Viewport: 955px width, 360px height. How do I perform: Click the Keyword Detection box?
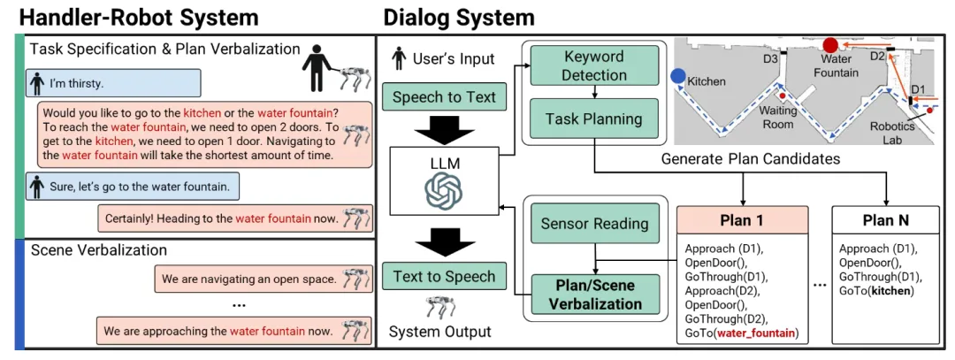click(x=593, y=65)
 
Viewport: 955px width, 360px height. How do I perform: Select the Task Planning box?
click(x=593, y=119)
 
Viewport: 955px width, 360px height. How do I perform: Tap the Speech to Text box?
click(x=443, y=97)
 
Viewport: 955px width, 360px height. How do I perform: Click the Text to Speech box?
click(x=444, y=276)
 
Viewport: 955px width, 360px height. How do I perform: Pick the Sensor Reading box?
click(x=593, y=225)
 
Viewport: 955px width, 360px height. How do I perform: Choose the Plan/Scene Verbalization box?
click(x=593, y=295)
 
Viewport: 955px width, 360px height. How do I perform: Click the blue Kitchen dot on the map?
click(x=678, y=77)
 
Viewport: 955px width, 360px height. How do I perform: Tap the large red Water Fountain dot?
click(x=829, y=44)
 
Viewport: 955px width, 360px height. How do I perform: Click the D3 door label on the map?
click(x=769, y=58)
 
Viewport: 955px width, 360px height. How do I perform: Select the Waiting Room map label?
click(x=778, y=118)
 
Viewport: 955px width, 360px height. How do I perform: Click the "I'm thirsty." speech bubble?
click(x=114, y=84)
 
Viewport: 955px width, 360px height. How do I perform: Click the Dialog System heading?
click(x=459, y=16)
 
